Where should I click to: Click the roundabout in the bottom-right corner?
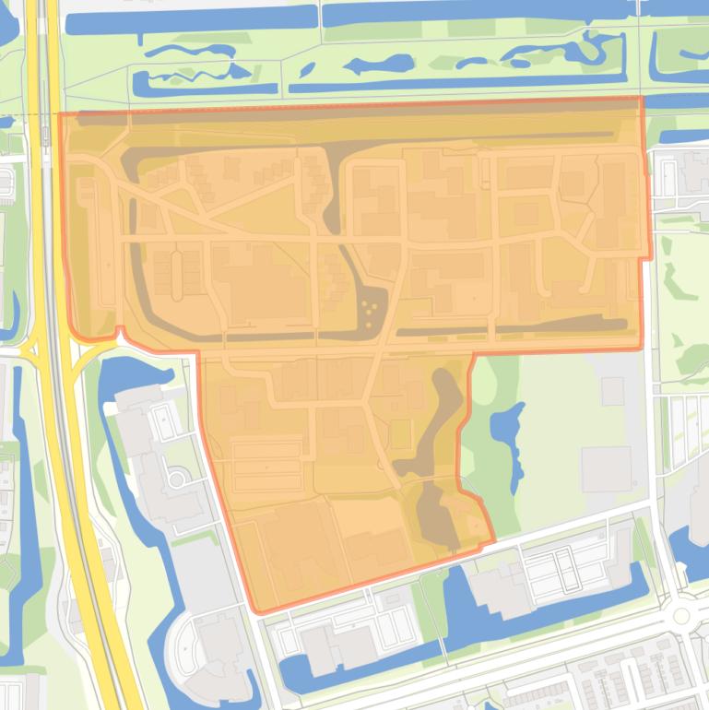(x=680, y=615)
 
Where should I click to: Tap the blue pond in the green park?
(x=506, y=425)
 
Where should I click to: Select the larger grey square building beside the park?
(x=606, y=469)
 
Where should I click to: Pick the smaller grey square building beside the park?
(x=612, y=391)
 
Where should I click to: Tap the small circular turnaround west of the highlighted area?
(x=175, y=479)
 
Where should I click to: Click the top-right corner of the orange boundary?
(x=641, y=97)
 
